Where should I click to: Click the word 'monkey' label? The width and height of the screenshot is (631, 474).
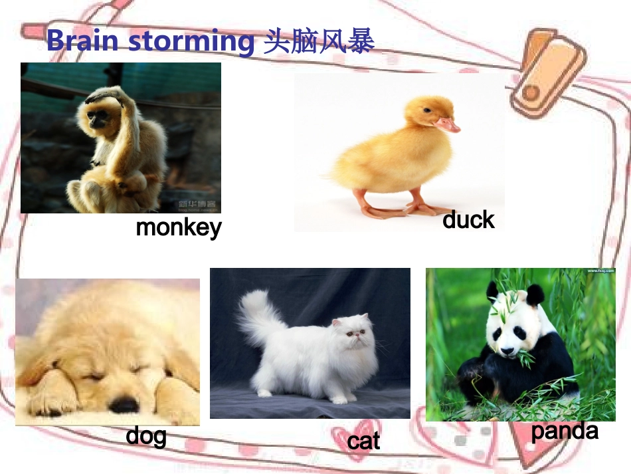[178, 228]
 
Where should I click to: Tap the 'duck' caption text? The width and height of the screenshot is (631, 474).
[468, 220]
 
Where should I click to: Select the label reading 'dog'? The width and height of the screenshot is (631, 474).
[146, 436]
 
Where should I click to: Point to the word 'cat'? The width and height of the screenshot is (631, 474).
[363, 441]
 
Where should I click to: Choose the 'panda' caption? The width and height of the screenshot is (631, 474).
[565, 431]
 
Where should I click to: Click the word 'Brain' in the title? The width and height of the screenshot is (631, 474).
[82, 41]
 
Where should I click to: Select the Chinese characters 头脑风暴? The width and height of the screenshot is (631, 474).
[319, 41]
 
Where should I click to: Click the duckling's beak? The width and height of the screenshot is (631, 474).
[447, 124]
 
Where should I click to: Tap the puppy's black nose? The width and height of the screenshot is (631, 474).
[124, 404]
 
